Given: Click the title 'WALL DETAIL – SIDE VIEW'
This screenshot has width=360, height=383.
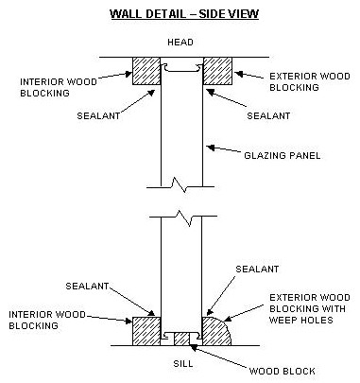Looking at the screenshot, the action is [x=184, y=14].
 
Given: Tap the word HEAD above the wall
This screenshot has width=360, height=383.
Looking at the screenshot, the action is [x=180, y=43].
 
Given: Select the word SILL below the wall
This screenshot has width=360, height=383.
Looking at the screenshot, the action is [x=183, y=363].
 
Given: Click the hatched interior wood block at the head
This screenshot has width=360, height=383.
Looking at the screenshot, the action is [x=146, y=71].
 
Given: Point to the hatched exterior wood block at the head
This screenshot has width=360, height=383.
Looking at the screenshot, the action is [x=217, y=71].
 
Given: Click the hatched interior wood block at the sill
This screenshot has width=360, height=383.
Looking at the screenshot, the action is [x=146, y=331].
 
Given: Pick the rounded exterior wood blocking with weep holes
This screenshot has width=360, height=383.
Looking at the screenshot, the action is [x=215, y=331].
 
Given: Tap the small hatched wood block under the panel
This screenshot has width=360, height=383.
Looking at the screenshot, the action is [x=181, y=339].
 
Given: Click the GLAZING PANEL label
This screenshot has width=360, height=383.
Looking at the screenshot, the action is [x=283, y=155].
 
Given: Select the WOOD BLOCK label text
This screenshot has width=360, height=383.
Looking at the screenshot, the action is [x=282, y=371].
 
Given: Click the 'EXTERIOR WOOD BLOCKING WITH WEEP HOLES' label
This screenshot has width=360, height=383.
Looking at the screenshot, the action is [x=310, y=309].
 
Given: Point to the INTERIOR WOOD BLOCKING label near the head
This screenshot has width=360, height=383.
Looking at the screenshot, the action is [x=59, y=88].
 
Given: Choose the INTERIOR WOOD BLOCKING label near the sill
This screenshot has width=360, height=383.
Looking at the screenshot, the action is [x=47, y=320].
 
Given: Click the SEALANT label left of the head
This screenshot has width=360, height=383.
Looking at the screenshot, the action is [x=98, y=115].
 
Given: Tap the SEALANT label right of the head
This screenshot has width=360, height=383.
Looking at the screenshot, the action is [x=268, y=115].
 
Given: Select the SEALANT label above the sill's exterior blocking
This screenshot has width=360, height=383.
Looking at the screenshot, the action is [x=257, y=269].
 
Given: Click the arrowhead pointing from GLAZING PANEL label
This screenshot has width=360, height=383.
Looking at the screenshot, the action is [x=211, y=148].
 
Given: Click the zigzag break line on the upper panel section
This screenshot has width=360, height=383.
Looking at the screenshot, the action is [x=180, y=185].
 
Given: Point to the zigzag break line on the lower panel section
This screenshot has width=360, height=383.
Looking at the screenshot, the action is [x=183, y=218].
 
